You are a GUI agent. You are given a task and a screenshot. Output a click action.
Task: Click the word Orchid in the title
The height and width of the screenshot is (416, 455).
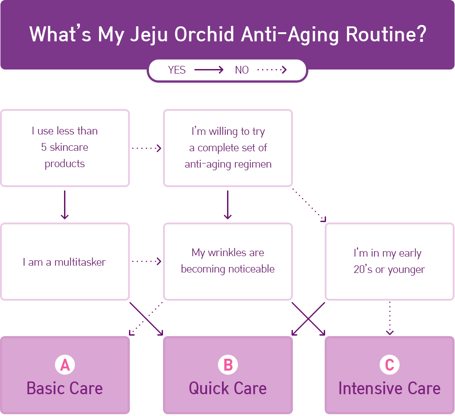click(x=204, y=34)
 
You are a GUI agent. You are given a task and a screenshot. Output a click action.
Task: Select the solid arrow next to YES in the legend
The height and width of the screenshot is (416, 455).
click(x=209, y=69)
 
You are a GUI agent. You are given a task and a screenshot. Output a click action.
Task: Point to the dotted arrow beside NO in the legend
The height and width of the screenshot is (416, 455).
click(x=272, y=69)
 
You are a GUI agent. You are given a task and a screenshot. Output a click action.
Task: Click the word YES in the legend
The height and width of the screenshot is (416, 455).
click(x=177, y=70)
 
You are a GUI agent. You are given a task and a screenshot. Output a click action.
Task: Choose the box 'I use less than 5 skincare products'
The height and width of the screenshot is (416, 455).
click(x=65, y=148)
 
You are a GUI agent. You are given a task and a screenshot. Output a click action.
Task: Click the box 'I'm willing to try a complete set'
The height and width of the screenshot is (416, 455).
click(x=228, y=148)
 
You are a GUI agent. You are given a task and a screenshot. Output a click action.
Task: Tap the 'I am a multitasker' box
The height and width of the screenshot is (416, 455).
click(x=65, y=262)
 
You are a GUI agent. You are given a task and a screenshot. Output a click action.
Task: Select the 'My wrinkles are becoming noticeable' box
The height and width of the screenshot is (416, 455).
click(x=228, y=262)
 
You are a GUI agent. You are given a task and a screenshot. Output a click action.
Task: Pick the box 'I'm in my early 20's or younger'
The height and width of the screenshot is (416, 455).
click(x=390, y=262)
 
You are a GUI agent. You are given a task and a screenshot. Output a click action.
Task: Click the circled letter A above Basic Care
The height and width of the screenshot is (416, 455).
click(x=65, y=365)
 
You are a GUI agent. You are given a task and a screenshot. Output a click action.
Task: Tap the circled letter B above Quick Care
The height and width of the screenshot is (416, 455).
click(x=228, y=365)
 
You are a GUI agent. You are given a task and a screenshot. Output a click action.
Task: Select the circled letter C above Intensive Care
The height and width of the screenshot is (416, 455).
click(x=390, y=365)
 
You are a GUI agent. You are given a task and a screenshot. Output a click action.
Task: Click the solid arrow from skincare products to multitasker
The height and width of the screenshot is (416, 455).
click(x=65, y=205)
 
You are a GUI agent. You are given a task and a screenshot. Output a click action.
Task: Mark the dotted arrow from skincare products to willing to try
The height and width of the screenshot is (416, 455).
click(x=147, y=149)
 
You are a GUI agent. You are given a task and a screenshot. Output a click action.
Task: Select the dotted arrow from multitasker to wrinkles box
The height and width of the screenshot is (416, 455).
click(x=147, y=261)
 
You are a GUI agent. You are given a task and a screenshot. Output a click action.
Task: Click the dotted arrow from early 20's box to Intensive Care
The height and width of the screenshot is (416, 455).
click(x=390, y=318)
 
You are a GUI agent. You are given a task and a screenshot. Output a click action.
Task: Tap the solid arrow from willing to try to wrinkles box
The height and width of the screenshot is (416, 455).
click(x=228, y=205)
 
